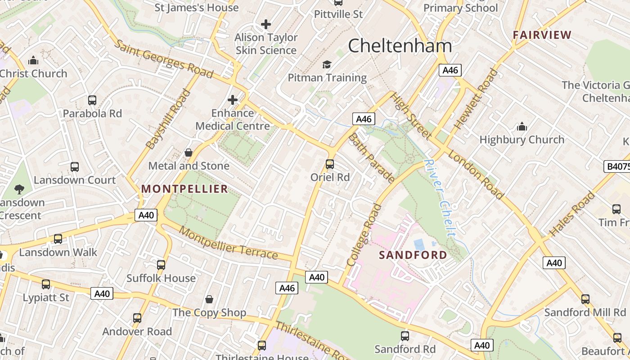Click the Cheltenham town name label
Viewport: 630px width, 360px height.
pos(400,46)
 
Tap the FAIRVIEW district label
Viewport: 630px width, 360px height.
pos(542,35)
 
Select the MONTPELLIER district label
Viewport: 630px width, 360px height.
pos(185,189)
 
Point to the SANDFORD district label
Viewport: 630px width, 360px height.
pos(413,255)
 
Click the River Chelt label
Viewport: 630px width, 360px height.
pos(440,198)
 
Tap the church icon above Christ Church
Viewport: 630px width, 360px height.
pos(33,61)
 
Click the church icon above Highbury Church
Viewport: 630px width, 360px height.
pos(522,127)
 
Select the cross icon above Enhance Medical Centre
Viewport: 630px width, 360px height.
pos(233,100)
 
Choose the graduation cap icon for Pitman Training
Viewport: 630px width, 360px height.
pos(327,65)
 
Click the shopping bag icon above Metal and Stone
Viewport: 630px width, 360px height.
pos(189,153)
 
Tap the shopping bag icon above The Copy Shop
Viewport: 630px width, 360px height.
pos(209,299)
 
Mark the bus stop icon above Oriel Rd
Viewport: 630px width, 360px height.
pos(330,164)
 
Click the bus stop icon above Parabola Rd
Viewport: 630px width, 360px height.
pos(92,100)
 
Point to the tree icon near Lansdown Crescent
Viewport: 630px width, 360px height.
pos(19,189)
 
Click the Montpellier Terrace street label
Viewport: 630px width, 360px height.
pos(228,243)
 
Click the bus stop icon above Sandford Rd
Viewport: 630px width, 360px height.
pos(405,336)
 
